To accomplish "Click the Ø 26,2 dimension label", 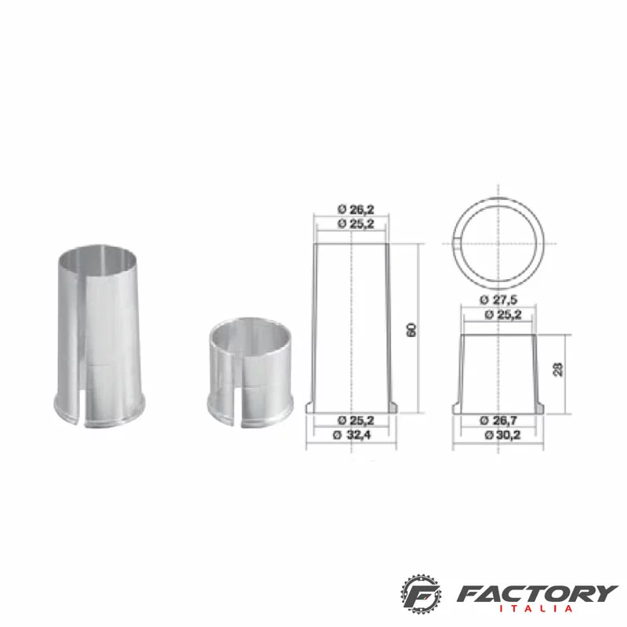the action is (x=356, y=209).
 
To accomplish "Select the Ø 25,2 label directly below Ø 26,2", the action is (x=356, y=223).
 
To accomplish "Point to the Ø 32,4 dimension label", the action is (x=352, y=435).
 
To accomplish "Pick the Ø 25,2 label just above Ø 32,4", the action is (x=356, y=420).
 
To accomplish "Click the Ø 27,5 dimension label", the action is (x=498, y=299).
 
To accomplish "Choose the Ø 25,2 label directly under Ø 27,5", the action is (x=503, y=315).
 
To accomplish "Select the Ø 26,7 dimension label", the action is (x=498, y=420).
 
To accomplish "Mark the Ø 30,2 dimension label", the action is (x=502, y=435).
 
